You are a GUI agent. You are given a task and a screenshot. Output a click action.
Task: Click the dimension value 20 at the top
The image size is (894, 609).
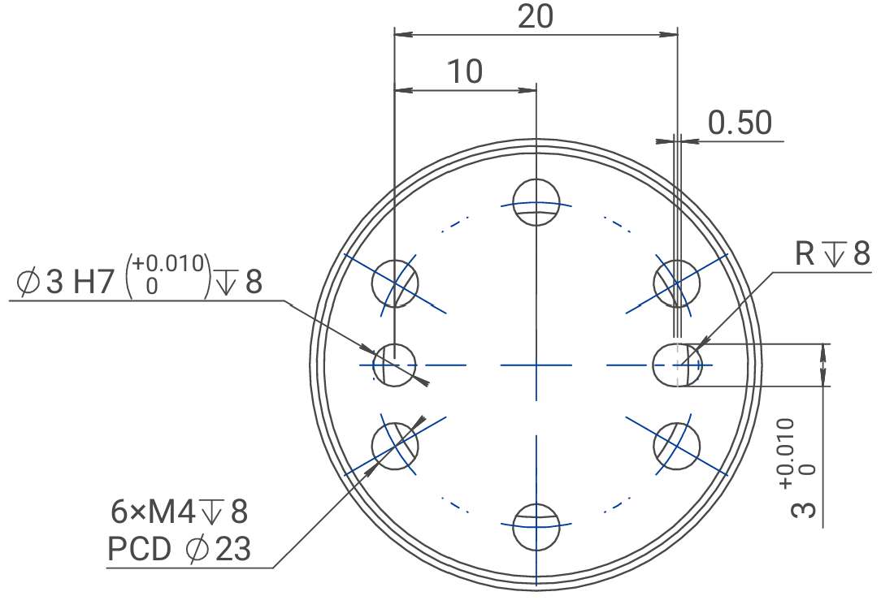[x=536, y=16]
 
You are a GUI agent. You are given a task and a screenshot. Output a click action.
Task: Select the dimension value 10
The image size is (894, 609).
[x=465, y=71]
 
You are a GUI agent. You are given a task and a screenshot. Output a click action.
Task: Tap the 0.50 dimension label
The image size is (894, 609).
[x=740, y=123]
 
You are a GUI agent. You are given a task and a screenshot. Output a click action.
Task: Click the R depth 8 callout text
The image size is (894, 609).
[x=832, y=253]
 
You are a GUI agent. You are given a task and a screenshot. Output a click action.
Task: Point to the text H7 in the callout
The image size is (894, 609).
[x=94, y=282]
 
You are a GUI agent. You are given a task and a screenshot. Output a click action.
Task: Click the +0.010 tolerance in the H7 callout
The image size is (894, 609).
[x=168, y=263]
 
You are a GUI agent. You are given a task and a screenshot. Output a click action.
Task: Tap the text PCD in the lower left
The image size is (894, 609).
[x=139, y=549]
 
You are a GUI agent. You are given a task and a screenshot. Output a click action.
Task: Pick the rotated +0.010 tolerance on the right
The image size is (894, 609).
[x=786, y=453]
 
